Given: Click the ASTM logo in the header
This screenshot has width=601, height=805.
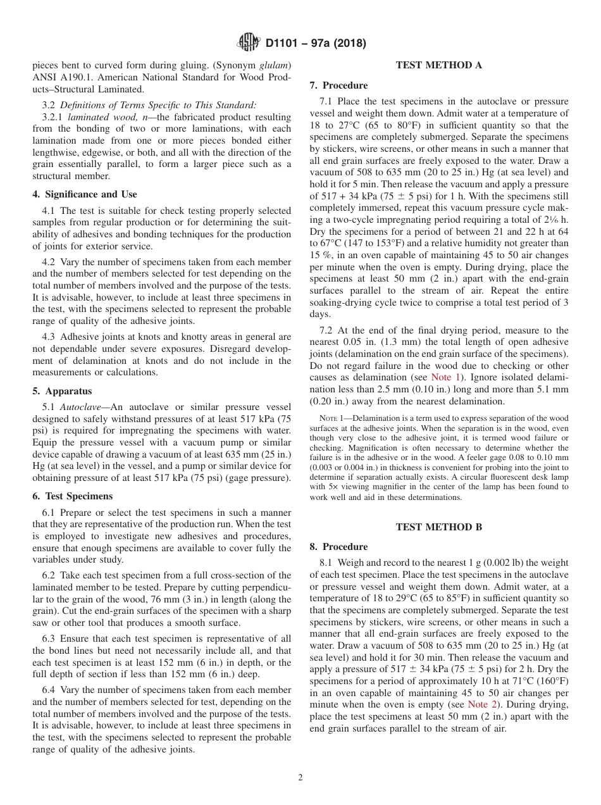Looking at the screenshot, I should point(248,43).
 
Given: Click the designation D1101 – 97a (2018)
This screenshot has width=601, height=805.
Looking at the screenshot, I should point(316,44).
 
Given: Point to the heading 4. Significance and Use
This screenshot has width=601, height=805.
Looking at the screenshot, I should point(85,194).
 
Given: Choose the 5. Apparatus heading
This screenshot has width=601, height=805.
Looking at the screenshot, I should point(62,391).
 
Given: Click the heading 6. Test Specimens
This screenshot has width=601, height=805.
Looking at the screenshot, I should point(73,497).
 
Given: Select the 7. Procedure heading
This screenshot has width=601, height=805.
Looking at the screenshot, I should point(338,85).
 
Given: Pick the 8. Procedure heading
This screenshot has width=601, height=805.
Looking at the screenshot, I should point(338,547).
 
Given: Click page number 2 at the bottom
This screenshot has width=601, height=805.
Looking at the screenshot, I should point(300,778).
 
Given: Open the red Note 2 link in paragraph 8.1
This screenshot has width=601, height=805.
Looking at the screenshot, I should point(481,704).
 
